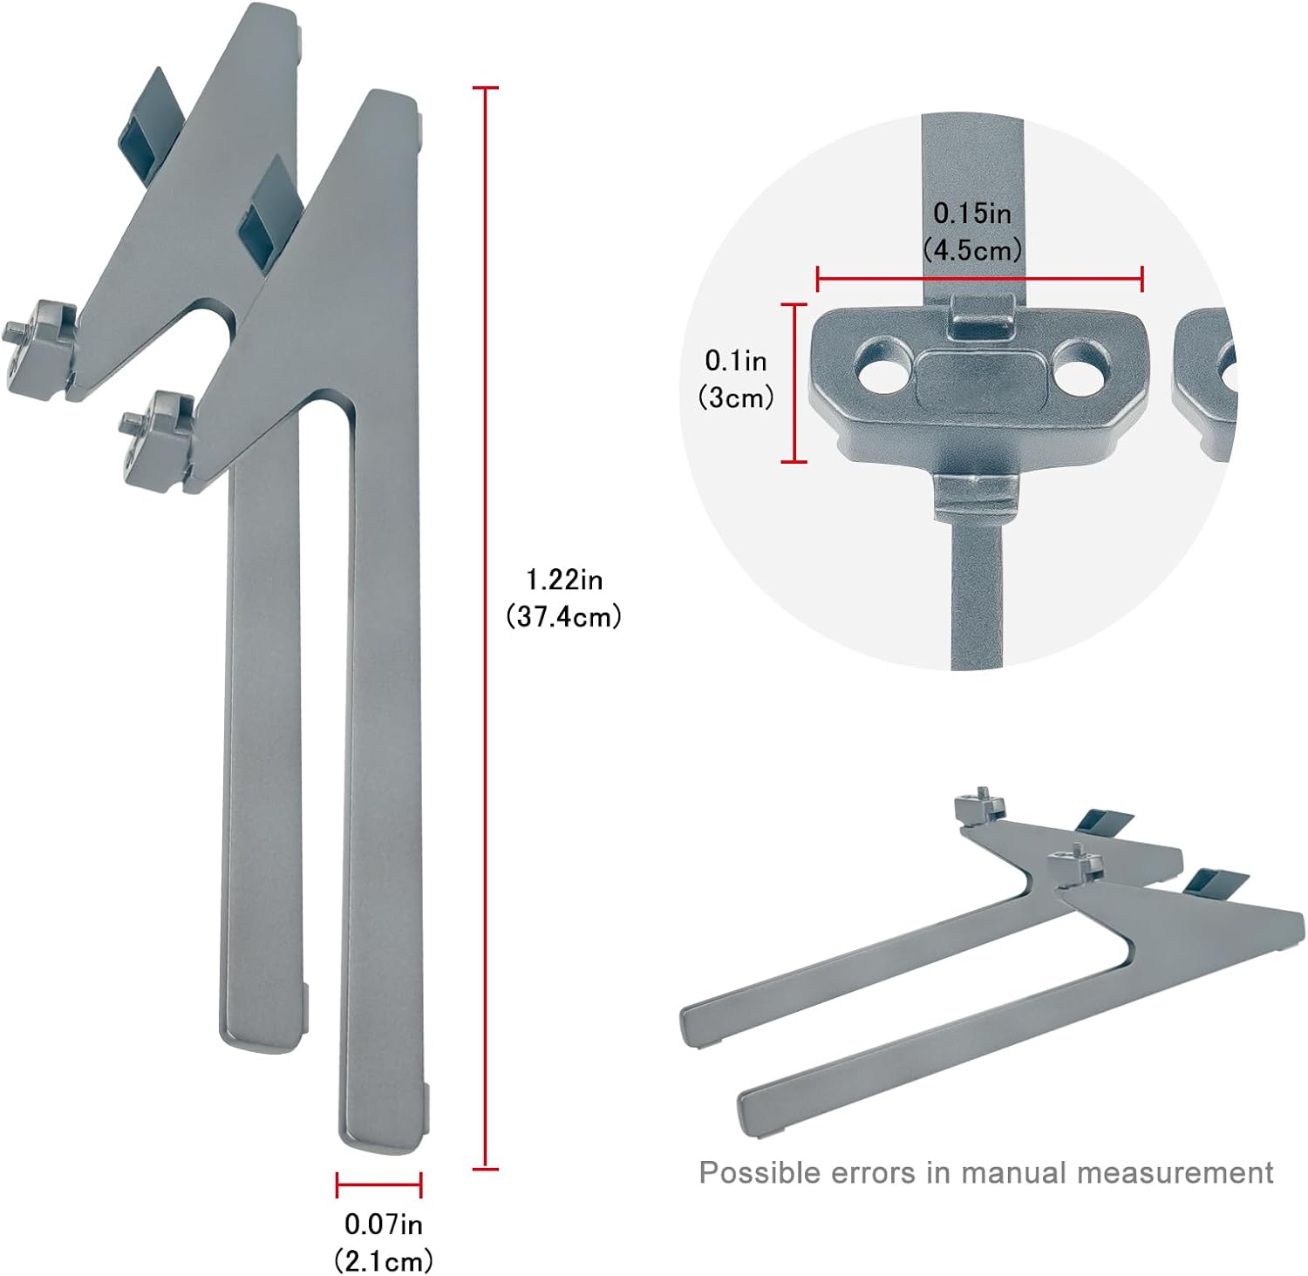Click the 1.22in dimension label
[564, 580]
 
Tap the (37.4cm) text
[564, 617]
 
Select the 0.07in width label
[383, 1225]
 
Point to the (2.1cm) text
[383, 1260]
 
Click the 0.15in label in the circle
[972, 213]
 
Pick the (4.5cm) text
[972, 250]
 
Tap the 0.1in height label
[736, 360]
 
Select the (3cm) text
[736, 397]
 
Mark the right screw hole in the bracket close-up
[1080, 365]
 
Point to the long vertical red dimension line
[486, 628]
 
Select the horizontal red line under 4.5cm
[979, 280]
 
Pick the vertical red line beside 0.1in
[794, 383]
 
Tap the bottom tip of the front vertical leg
[384, 1137]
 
